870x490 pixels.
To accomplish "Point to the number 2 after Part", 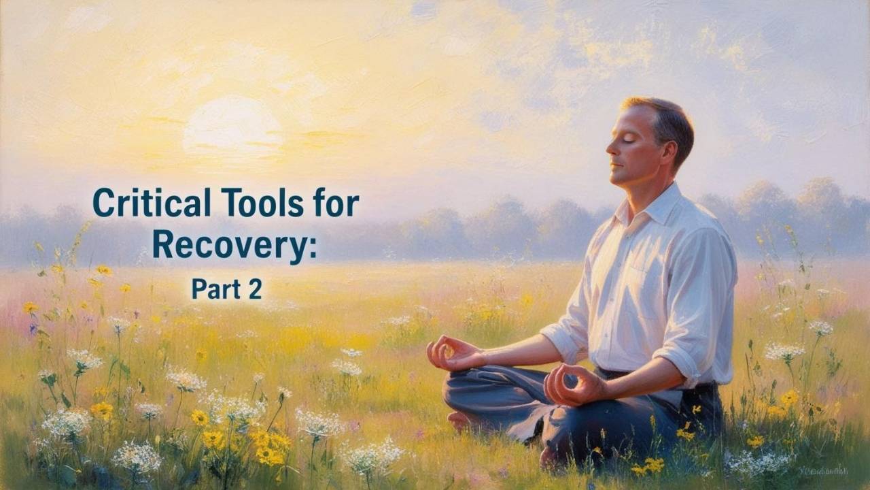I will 254,289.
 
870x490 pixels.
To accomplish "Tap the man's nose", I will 610,148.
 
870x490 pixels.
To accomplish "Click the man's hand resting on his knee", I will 571,385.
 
